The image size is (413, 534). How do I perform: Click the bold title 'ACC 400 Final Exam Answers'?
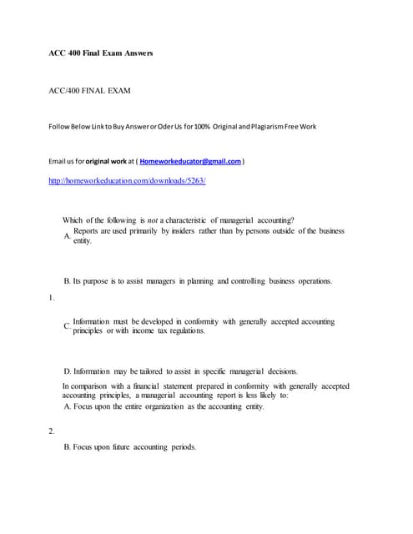(100, 53)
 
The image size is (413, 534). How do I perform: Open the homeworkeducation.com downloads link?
(127, 180)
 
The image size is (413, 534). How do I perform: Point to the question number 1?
(52, 297)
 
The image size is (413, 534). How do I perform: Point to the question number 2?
(52, 431)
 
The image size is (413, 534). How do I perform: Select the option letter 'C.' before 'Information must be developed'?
(67, 326)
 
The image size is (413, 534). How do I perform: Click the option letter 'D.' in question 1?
(67, 370)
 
